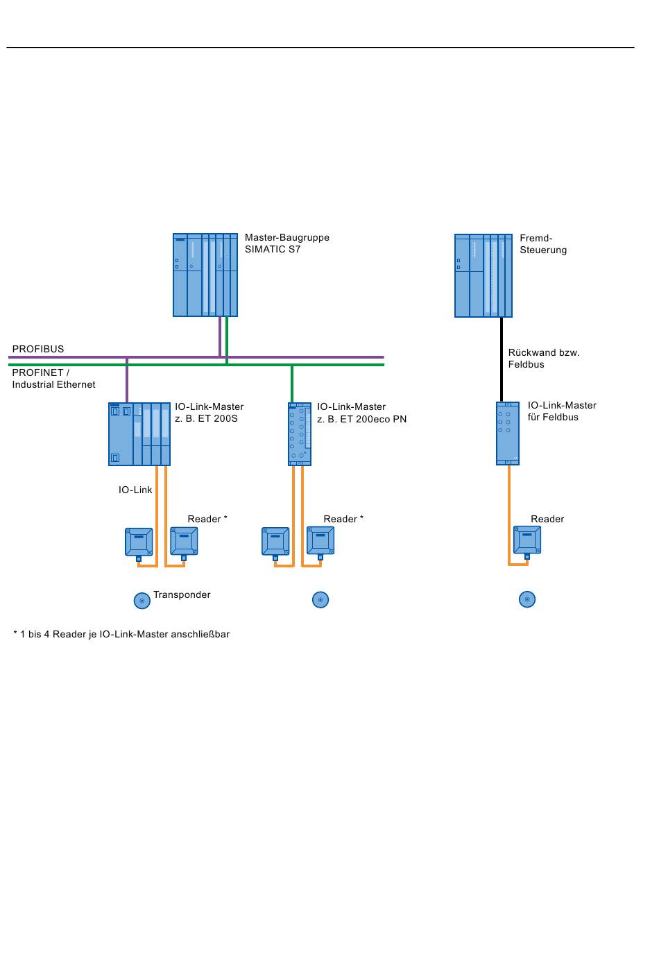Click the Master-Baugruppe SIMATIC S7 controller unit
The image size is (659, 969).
pos(205,275)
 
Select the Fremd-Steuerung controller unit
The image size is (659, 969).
pos(483,275)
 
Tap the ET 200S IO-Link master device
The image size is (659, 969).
pos(139,434)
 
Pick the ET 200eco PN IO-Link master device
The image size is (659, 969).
pos(300,434)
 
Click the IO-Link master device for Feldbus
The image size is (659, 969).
pos(508,433)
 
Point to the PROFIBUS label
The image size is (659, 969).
pos(38,349)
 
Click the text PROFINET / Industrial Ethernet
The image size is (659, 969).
pos(53,379)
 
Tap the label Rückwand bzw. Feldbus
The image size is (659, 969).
pos(543,359)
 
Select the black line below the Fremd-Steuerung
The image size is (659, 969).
pos(502,359)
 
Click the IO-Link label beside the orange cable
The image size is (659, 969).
pos(135,490)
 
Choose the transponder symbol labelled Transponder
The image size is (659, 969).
pos(142,601)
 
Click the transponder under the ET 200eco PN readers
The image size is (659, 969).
pos(320,599)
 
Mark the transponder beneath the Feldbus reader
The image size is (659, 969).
pos(527,599)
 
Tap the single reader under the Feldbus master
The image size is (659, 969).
pos(527,540)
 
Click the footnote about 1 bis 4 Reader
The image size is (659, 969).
pos(121,634)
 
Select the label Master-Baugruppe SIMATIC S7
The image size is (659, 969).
pos(286,243)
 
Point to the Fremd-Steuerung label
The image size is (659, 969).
pos(543,244)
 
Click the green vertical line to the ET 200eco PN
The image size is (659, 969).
pos(292,384)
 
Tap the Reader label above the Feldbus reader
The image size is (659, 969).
pos(547,519)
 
